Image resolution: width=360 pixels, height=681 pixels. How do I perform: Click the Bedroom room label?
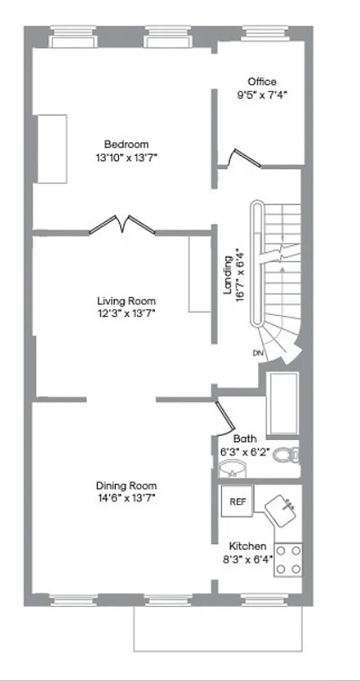coord(126,143)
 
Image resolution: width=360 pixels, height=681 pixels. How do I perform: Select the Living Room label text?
coord(126,300)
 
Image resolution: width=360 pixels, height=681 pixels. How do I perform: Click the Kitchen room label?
coord(248,546)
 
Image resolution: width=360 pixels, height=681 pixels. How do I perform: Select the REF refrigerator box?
coord(237,502)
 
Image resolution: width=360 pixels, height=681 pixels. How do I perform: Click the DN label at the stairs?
coord(257,352)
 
